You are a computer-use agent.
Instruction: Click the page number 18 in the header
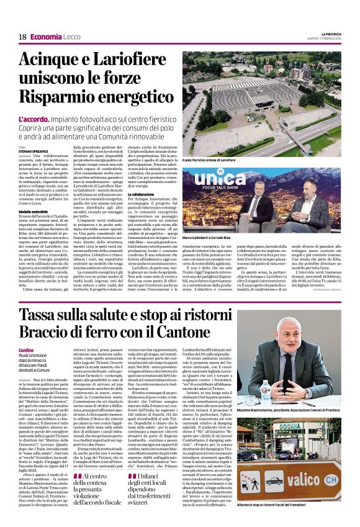tap(22, 37)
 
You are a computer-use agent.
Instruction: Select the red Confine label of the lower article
tap(27, 351)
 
